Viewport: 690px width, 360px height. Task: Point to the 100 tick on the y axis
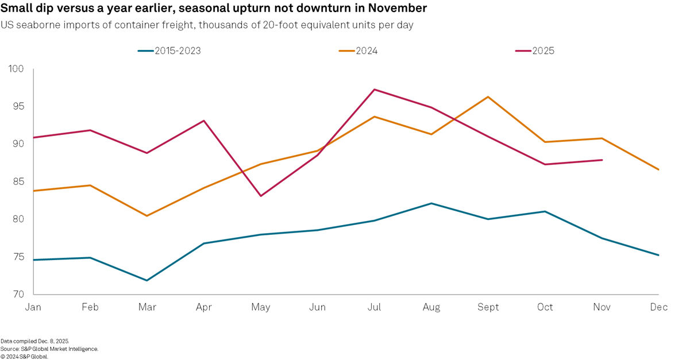coord(16,69)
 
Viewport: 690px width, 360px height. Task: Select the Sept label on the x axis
coord(488,307)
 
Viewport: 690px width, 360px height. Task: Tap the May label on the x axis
coord(260,307)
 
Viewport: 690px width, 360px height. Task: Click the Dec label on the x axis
coord(659,307)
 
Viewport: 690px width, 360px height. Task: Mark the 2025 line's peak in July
coord(375,90)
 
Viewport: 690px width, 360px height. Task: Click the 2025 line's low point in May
coord(261,196)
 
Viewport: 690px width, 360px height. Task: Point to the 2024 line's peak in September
coord(488,96)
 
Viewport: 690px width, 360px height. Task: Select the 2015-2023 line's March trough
coord(147,280)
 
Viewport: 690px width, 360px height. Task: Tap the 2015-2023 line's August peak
coord(431,203)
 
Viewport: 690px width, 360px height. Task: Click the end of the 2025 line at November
coord(602,160)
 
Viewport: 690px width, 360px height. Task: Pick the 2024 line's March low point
coord(147,216)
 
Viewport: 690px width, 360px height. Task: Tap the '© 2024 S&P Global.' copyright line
coord(25,356)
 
